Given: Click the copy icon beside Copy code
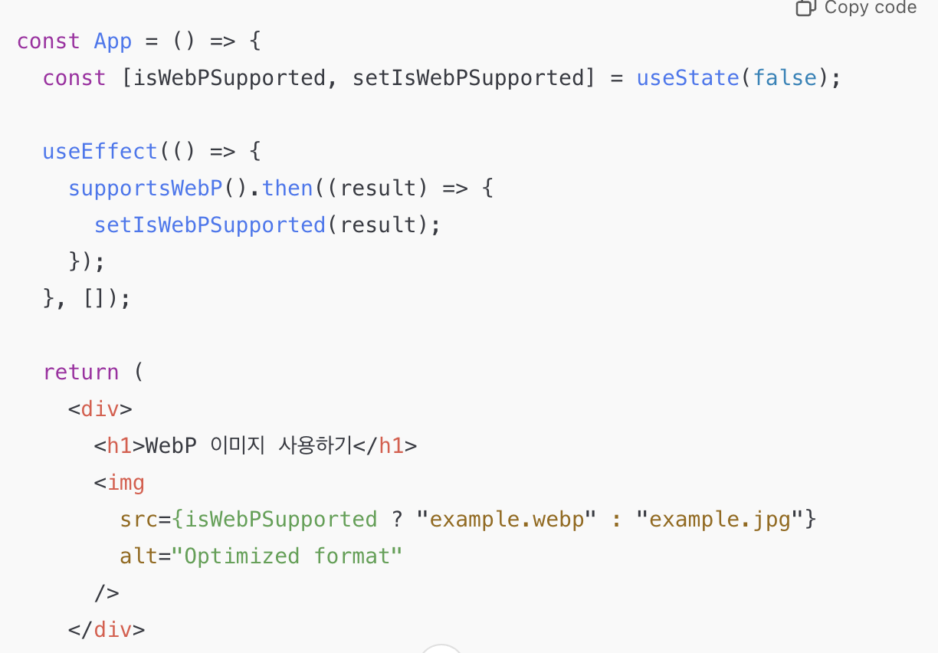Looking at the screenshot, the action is [x=805, y=8].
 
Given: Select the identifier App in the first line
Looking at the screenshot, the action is [x=113, y=41].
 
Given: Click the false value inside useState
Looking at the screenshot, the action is [x=784, y=78].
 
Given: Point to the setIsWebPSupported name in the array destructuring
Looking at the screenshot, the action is [x=468, y=78].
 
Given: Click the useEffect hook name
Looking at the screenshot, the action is [x=100, y=152].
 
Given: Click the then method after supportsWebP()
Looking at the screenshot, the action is [x=287, y=189].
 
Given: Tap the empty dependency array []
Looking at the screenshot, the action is [x=93, y=299].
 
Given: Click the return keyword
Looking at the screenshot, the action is [x=80, y=372].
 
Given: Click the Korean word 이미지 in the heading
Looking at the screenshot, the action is [x=235, y=446].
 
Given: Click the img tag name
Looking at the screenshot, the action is [x=126, y=483].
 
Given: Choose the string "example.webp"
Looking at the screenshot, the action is [x=506, y=520].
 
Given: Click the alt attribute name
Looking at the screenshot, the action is [x=139, y=556].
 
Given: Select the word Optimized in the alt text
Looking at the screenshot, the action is [x=242, y=556].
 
